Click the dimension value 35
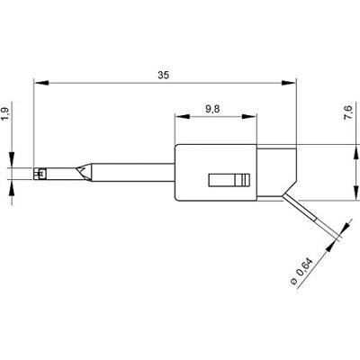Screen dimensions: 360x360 (x=164, y=75)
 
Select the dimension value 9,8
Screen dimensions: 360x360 (x=212, y=109)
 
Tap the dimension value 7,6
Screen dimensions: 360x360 (x=348, y=112)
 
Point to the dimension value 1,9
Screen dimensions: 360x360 (x=6, y=114)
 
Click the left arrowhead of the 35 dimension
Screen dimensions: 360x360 (x=41, y=83)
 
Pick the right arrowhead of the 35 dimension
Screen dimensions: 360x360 (x=289, y=83)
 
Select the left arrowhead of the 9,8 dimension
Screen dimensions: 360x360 (x=183, y=117)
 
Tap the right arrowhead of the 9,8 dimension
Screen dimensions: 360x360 (x=249, y=117)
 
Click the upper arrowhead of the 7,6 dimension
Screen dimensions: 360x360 (x=356, y=152)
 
